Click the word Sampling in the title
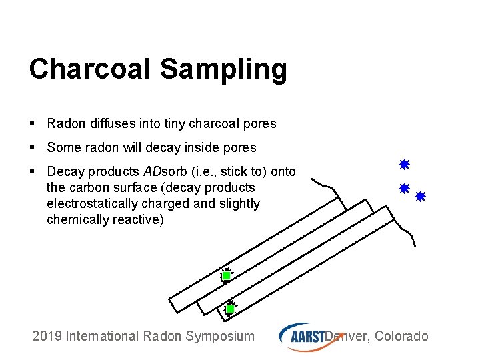click(x=224, y=70)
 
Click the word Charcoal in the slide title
click(x=90, y=68)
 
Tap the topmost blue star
click(x=405, y=165)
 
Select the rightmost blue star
click(x=420, y=196)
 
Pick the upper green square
click(x=226, y=276)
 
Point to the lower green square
click(x=230, y=309)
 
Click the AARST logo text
click(x=307, y=337)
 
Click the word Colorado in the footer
click(x=401, y=336)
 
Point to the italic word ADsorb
click(x=165, y=171)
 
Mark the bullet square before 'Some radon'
click(x=32, y=147)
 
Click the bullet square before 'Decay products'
click(x=32, y=171)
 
